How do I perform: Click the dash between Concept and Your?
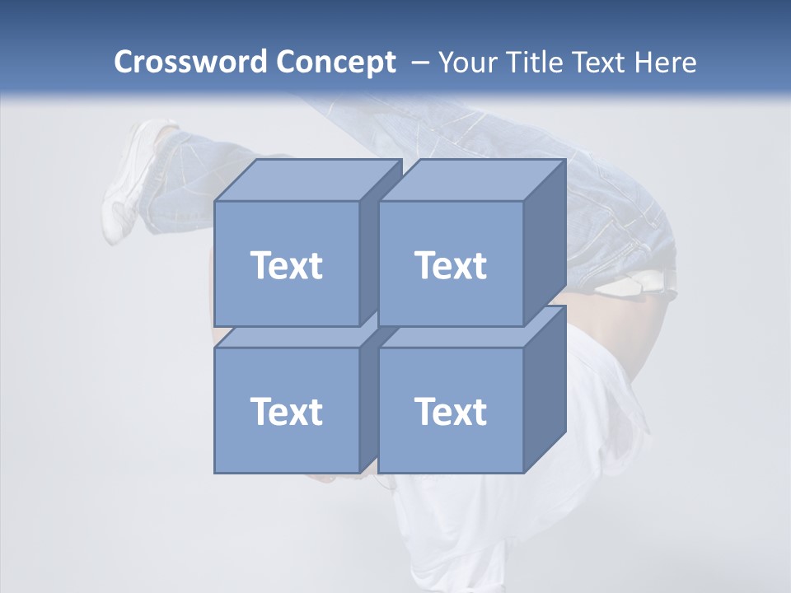click(x=419, y=63)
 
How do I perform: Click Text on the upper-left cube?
click(x=287, y=265)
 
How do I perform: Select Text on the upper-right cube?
click(x=451, y=265)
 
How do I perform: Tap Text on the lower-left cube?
click(x=287, y=411)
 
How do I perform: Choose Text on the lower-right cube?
click(x=451, y=411)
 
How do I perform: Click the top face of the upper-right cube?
click(x=472, y=180)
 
